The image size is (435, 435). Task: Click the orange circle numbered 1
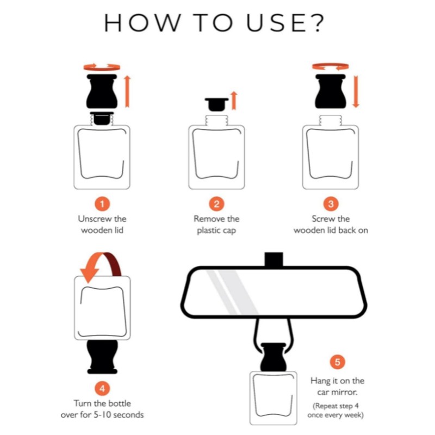click(x=102, y=204)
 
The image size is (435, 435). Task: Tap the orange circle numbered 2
click(x=216, y=204)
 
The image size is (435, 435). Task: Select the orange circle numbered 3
click(x=331, y=204)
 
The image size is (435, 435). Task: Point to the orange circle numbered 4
click(x=102, y=388)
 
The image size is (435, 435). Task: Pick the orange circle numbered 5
click(x=337, y=362)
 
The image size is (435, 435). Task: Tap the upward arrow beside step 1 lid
click(x=127, y=91)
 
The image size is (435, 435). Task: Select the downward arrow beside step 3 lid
click(x=356, y=91)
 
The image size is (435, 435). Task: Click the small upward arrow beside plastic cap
click(x=234, y=100)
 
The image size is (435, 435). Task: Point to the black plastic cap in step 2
click(x=216, y=104)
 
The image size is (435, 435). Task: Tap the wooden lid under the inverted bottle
click(x=102, y=357)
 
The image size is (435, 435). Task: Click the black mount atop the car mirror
click(x=274, y=259)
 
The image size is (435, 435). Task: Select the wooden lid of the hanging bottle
click(x=274, y=357)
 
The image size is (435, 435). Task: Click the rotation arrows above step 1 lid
click(x=102, y=67)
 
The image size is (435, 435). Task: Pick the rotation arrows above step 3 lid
click(x=330, y=66)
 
